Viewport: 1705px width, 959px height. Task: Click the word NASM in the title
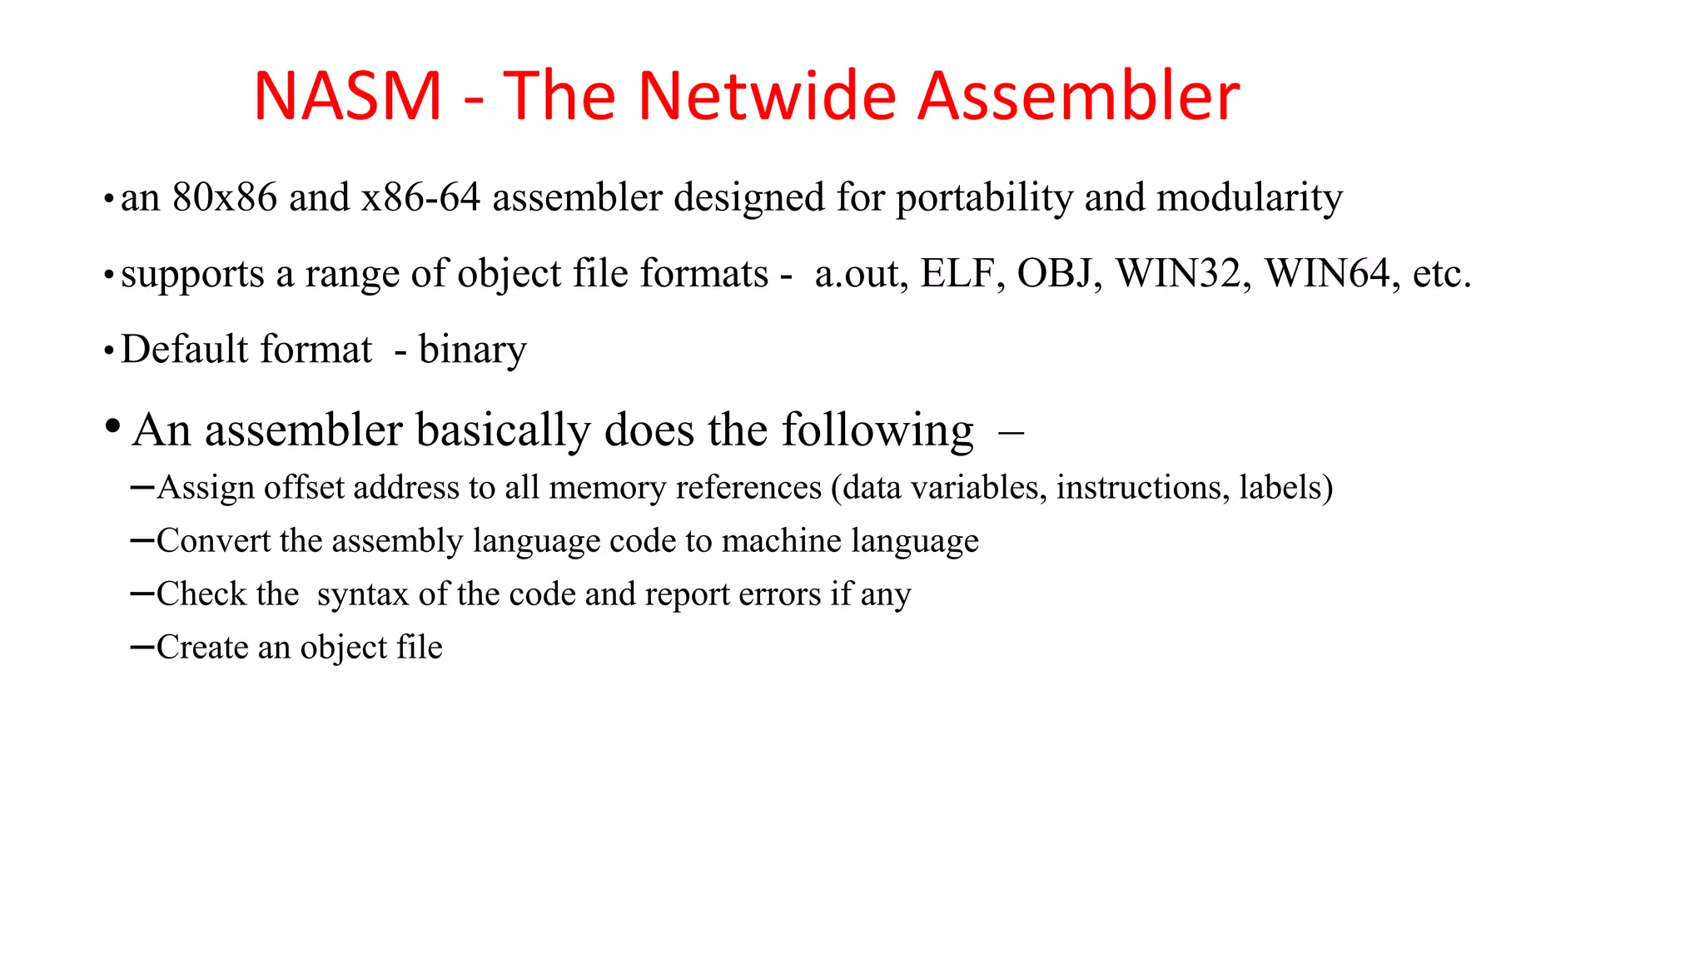click(x=347, y=97)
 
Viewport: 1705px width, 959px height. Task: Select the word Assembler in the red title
click(x=1078, y=97)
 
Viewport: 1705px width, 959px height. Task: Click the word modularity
click(x=1249, y=198)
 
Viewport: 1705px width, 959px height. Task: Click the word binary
click(x=472, y=350)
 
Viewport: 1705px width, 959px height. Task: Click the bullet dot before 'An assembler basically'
click(x=112, y=427)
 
